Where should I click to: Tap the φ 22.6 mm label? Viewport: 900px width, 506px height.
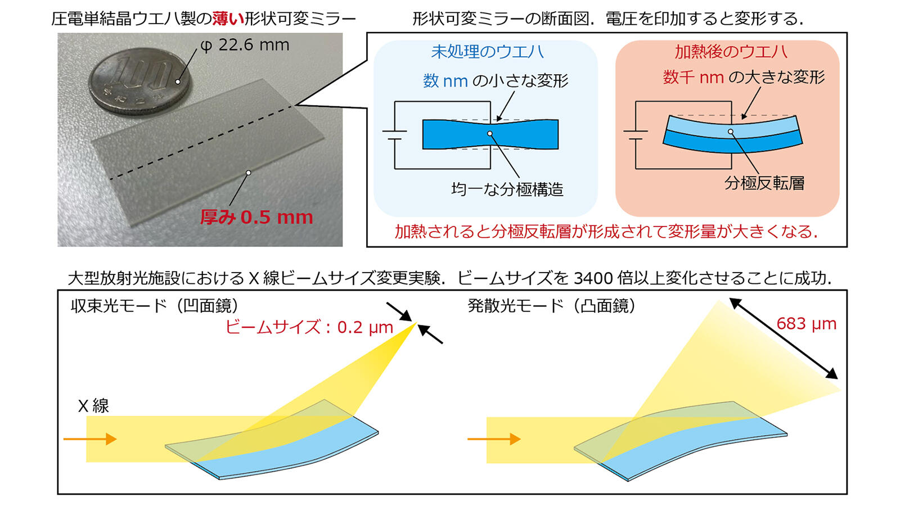(x=244, y=45)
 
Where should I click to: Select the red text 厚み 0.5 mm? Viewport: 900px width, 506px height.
(x=256, y=217)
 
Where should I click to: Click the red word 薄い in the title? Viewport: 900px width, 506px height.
(x=228, y=19)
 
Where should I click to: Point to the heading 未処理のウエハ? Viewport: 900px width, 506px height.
(x=487, y=52)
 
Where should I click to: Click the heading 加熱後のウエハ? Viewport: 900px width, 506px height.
(x=731, y=52)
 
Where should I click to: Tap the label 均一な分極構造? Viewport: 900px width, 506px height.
(x=507, y=189)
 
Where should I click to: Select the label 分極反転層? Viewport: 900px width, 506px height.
(x=764, y=183)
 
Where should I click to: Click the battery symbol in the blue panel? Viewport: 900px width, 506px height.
(x=394, y=135)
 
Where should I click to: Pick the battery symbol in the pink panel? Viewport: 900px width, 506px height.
(x=636, y=135)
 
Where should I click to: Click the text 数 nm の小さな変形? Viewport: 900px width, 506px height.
(x=496, y=81)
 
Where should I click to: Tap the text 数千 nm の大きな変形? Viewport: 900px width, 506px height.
(x=744, y=77)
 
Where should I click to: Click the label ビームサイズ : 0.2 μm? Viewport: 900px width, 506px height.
(x=309, y=327)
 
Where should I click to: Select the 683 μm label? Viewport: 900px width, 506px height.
(x=807, y=324)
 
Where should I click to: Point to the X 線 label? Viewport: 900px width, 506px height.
(x=93, y=406)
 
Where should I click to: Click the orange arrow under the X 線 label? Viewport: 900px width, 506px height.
(x=90, y=439)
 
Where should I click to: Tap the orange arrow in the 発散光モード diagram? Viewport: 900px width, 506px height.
(x=494, y=439)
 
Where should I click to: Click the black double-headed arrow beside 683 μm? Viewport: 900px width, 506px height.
(x=784, y=338)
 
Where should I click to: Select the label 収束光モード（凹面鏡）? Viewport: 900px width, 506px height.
(x=155, y=306)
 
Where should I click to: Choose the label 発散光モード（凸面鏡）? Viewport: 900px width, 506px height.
(x=552, y=306)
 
